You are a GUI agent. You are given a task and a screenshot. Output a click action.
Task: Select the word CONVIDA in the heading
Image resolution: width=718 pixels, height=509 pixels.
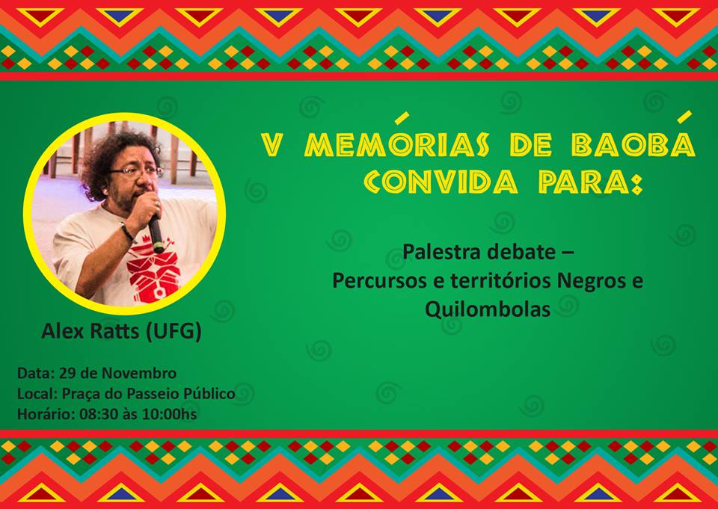tap(441, 182)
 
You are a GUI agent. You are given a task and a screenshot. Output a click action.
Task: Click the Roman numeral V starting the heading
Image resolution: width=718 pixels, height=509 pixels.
tap(271, 145)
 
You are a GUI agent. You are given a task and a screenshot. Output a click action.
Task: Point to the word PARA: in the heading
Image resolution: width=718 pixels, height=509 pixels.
tap(591, 182)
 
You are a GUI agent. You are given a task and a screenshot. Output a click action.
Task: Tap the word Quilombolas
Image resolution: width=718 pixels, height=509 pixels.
tap(488, 309)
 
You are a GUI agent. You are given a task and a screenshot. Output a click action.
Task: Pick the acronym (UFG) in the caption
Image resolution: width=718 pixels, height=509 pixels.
tap(174, 331)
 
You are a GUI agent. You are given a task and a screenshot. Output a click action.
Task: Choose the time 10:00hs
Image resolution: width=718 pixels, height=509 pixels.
tap(170, 414)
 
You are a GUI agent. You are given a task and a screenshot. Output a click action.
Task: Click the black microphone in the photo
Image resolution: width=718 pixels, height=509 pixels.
tap(156, 233)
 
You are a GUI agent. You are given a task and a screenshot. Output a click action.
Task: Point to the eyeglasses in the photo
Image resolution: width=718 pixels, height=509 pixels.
tap(136, 171)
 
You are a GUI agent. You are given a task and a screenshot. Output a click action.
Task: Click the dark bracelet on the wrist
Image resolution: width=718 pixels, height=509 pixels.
tap(127, 232)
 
